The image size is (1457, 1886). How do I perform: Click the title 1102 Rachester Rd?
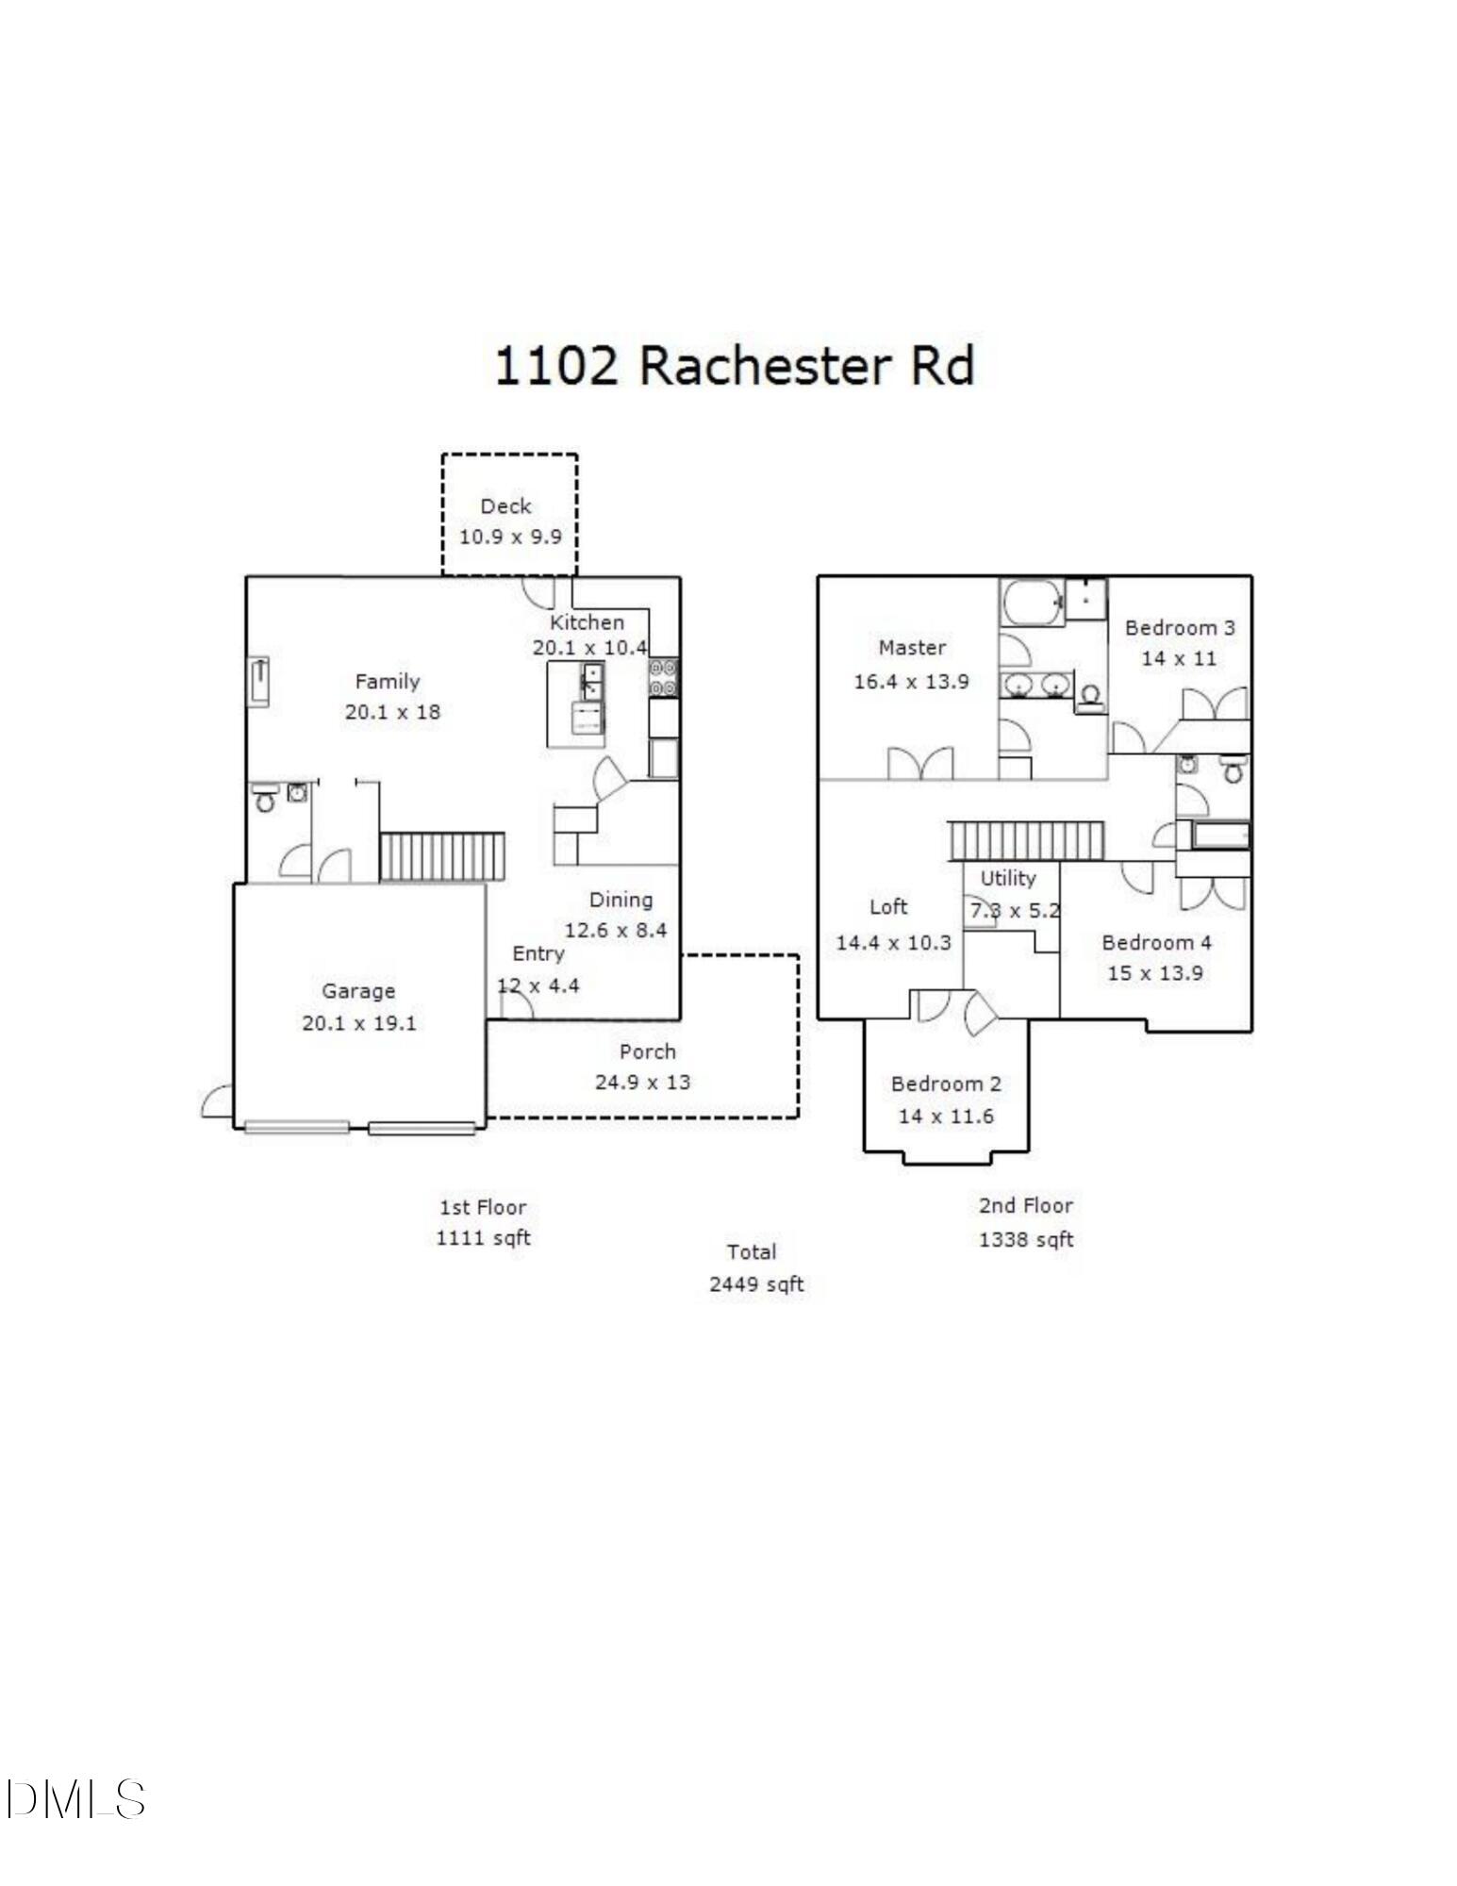click(734, 365)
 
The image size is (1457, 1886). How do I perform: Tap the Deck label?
click(505, 506)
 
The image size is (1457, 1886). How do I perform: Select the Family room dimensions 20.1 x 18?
click(392, 712)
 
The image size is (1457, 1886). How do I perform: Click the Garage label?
click(358, 990)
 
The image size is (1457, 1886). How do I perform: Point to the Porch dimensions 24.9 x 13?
click(642, 1082)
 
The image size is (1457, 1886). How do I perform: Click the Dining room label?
click(621, 900)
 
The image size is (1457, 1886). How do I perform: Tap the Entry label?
click(538, 953)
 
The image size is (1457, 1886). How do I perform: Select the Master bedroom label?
click(912, 647)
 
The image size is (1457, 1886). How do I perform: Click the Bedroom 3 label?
click(1180, 627)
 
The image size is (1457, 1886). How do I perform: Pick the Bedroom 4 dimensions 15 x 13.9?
click(1155, 973)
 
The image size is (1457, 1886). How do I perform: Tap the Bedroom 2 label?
click(946, 1084)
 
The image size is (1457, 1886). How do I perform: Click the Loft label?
click(888, 906)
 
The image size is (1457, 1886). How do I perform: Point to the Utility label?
click(1008, 878)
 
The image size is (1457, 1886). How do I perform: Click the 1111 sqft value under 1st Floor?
click(483, 1237)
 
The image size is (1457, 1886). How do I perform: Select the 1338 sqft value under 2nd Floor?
click(1026, 1239)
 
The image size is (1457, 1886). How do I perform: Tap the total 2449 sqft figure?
click(756, 1284)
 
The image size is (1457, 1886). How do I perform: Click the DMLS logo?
click(75, 1799)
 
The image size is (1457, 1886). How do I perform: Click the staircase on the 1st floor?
click(441, 856)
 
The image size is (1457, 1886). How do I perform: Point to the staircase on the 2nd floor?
click(1025, 840)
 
